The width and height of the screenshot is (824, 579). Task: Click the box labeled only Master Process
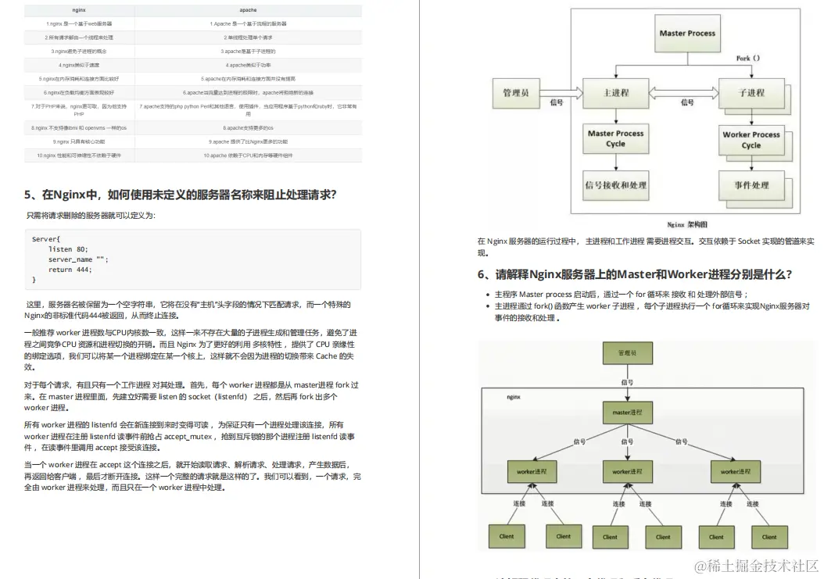point(687,34)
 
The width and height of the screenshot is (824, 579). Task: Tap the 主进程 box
point(616,93)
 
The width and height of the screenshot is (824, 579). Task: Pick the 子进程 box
point(751,93)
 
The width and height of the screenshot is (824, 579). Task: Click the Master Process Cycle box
point(616,139)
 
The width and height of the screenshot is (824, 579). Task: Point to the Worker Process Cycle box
point(751,140)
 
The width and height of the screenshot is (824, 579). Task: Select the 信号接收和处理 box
point(616,185)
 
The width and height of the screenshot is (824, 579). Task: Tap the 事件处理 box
point(751,185)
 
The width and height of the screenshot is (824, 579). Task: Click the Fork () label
point(748,59)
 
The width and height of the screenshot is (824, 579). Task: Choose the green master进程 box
point(627,413)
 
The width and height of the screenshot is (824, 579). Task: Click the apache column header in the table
point(248,10)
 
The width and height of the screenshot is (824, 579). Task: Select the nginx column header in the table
point(79,10)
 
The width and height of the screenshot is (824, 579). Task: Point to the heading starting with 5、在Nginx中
point(180,195)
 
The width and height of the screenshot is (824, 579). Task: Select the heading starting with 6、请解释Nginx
point(635,274)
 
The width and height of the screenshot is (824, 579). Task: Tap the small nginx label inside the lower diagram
point(514,397)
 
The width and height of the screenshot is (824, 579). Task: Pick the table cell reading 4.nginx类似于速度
point(79,65)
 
